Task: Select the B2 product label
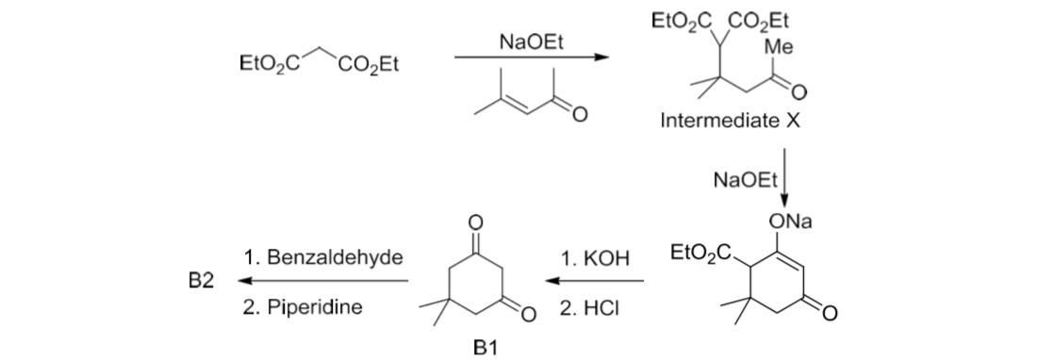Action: point(201,282)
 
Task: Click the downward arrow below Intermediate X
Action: point(785,179)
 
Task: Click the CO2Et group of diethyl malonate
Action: point(369,64)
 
